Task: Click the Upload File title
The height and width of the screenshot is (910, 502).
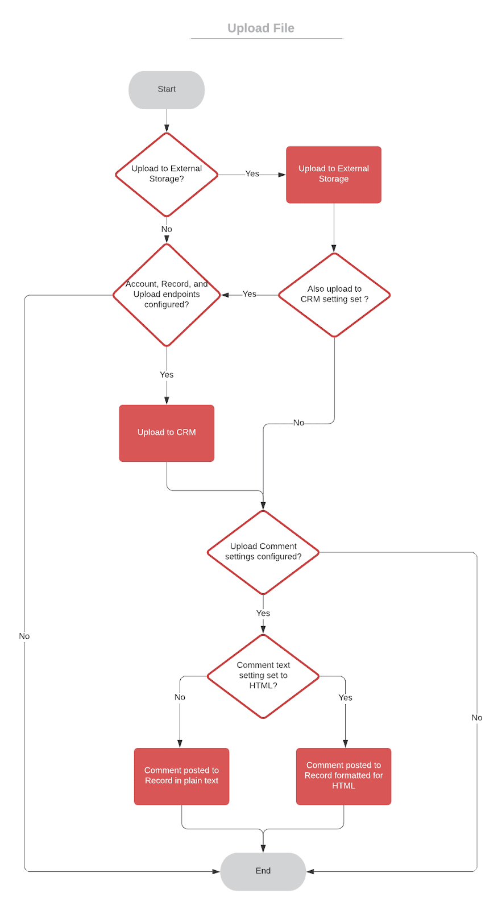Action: coord(260,28)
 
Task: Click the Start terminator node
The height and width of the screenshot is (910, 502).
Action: coord(167,89)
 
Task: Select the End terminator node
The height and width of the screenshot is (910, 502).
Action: coord(263,871)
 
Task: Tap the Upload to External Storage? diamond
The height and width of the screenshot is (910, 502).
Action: coord(167,174)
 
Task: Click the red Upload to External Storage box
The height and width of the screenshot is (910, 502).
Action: coord(333,174)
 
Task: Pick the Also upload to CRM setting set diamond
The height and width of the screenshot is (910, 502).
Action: coord(334,295)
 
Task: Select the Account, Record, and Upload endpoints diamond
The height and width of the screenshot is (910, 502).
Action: coord(167,295)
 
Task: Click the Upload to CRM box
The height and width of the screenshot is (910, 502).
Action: coord(167,432)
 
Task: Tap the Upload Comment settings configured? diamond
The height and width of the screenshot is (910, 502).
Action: coord(263,552)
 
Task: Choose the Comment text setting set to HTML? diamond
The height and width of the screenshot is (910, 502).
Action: coord(263,676)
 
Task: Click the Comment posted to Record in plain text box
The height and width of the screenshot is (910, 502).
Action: coord(181,776)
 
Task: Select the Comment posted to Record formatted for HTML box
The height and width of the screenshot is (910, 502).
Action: coord(343,776)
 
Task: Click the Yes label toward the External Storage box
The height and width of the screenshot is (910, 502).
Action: coord(252,174)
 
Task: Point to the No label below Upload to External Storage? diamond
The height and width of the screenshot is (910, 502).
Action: coord(167,229)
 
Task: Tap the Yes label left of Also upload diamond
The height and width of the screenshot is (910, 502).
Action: coord(249,294)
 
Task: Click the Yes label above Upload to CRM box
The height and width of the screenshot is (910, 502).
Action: coord(167,375)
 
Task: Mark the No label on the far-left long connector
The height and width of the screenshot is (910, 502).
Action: coord(24,636)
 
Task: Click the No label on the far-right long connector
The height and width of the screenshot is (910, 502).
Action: coord(476,718)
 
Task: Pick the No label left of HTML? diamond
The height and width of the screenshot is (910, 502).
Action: coord(180,697)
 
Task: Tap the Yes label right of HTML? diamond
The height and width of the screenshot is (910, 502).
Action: coord(345,698)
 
